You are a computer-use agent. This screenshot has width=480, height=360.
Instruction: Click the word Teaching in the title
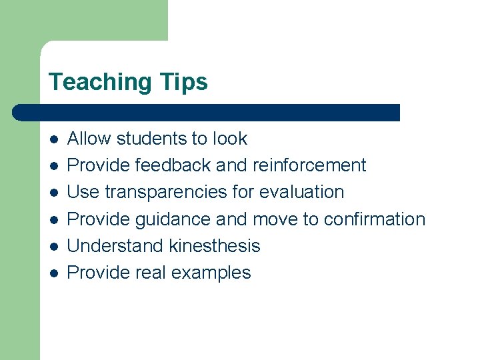tap(100, 82)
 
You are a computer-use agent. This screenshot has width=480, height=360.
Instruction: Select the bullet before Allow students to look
tap(53, 139)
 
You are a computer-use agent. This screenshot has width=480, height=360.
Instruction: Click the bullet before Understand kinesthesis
tap(53, 247)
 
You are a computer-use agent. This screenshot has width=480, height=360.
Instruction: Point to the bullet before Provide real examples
tap(53, 273)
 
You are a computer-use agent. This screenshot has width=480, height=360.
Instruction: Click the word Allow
tap(89, 139)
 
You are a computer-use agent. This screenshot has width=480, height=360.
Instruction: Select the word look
tap(230, 139)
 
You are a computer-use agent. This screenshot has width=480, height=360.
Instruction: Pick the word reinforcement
tap(309, 165)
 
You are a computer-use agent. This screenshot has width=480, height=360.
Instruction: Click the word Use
tap(83, 192)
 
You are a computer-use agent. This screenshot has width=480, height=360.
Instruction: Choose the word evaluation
tap(301, 192)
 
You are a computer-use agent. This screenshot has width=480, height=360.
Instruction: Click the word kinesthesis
tap(215, 246)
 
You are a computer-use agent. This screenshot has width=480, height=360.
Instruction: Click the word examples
tap(211, 273)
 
